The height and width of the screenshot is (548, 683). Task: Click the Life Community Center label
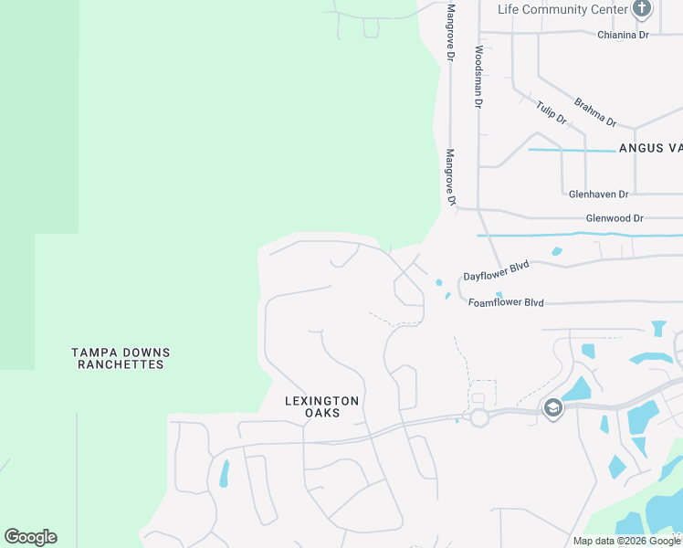click(562, 9)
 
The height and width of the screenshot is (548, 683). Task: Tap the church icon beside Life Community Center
click(642, 9)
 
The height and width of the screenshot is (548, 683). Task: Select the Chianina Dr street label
click(623, 35)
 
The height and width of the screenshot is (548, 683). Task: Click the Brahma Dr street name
click(595, 112)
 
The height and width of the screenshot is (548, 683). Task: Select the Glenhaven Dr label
click(598, 195)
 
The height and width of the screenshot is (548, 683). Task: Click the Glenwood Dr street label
click(615, 218)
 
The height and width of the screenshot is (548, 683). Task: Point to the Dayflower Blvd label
click(496, 270)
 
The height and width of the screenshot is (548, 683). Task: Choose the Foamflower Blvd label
click(506, 302)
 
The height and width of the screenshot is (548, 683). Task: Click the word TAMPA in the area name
click(94, 353)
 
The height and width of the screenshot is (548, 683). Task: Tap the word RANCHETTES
click(121, 364)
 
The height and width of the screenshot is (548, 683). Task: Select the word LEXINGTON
click(321, 401)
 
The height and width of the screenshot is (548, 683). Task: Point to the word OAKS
click(323, 413)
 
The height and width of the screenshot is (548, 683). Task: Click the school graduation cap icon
click(552, 408)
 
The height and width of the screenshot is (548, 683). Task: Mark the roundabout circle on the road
click(478, 417)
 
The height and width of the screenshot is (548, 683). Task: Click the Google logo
click(30, 537)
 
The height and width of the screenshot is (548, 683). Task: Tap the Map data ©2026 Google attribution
click(626, 541)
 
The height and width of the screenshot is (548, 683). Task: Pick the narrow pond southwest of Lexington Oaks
click(224, 471)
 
